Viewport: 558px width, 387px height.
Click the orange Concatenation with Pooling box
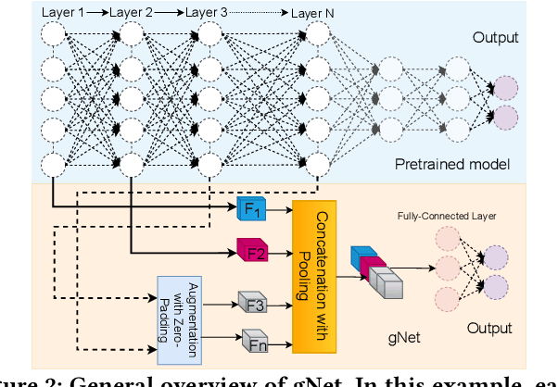pos(311,276)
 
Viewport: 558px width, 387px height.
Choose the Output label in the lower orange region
pos(488,328)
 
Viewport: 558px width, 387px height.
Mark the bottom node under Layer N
pos(318,165)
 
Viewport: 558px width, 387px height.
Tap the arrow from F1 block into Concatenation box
pos(279,211)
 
